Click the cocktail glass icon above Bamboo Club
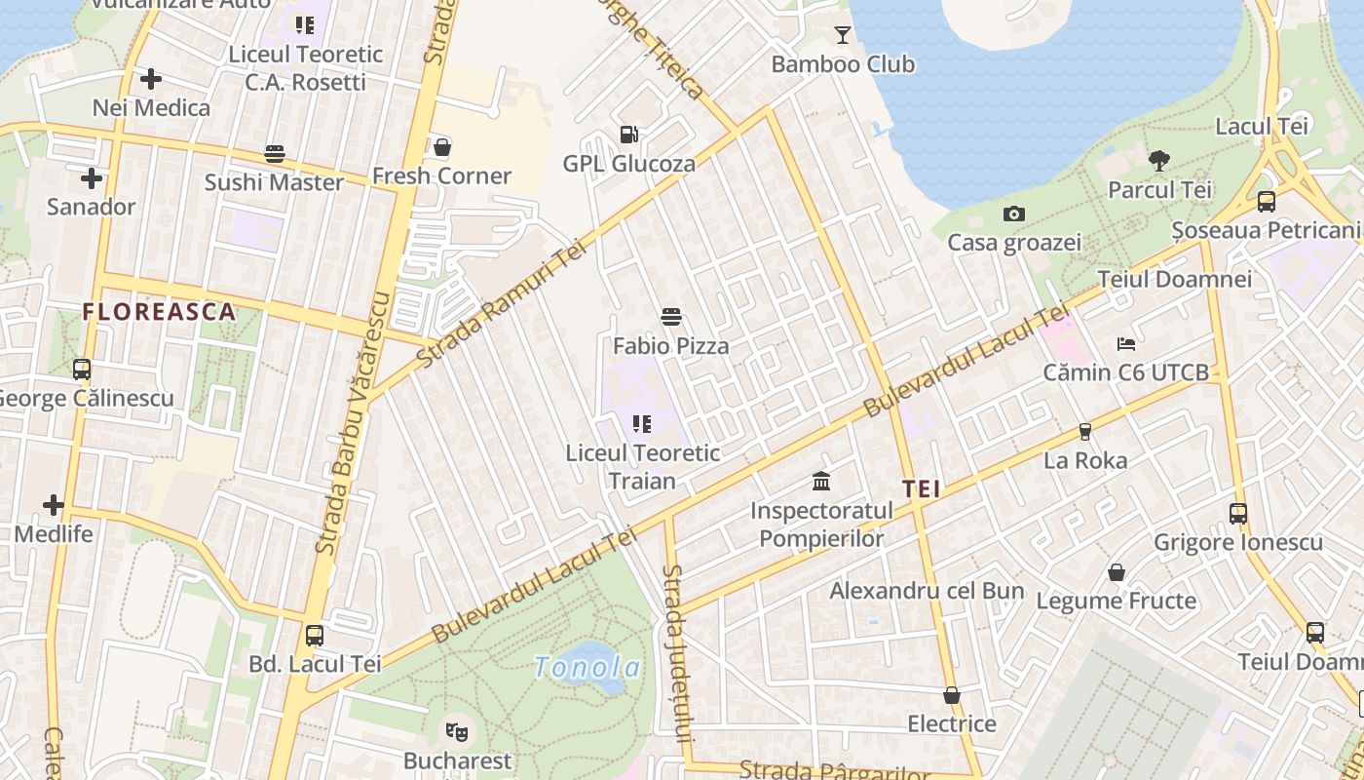click(843, 36)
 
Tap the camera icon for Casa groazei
click(1014, 214)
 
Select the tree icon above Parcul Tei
click(1159, 161)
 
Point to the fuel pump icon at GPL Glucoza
click(629, 135)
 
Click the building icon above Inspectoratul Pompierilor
click(821, 482)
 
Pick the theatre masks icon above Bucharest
click(456, 730)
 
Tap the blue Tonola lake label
click(587, 668)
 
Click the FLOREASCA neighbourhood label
click(159, 312)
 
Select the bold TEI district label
click(921, 489)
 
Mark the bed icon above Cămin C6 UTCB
click(1126, 343)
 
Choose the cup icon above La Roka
click(1085, 431)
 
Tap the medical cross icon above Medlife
click(54, 505)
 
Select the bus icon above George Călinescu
click(82, 370)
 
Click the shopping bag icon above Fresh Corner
click(442, 147)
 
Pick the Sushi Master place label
click(274, 182)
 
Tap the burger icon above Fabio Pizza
click(670, 316)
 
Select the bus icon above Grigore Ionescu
click(1238, 513)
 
